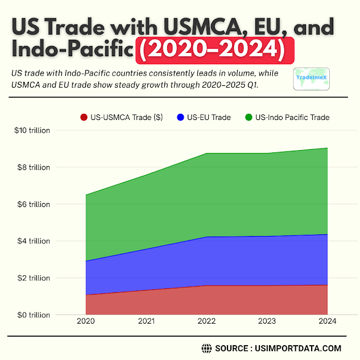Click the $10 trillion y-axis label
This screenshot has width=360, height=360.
pos(32,130)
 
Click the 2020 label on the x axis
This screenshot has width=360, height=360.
pos(86,321)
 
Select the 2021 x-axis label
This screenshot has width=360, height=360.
pos(146,321)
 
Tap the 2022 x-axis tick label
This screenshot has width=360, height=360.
pos(206,321)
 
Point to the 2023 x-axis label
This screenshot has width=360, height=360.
pos(267,321)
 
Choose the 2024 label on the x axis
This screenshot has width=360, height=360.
pos(327,321)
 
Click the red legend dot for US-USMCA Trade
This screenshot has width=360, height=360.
pos(84,118)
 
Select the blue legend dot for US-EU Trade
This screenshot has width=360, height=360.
pos(181,118)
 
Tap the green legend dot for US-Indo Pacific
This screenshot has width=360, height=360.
pos(249,118)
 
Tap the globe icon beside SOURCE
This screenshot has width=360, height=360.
pos(206,348)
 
